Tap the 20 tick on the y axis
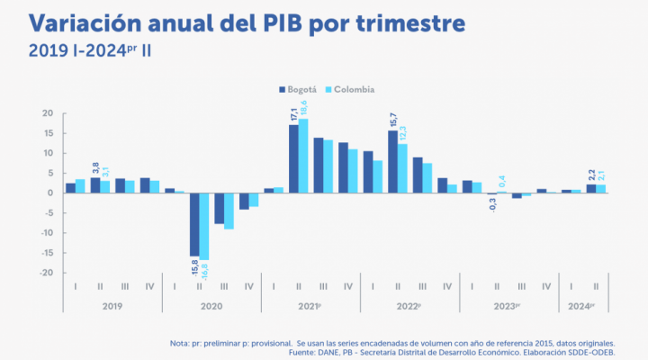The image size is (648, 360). coord(49,114)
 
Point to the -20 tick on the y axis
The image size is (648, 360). coord(47,273)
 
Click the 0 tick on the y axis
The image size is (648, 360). coord(51,193)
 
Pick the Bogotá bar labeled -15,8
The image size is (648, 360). coord(194,224)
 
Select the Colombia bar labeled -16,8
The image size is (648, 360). coord(204,226)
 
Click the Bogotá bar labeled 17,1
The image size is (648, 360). coord(293,158)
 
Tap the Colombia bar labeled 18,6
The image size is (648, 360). coord(303,156)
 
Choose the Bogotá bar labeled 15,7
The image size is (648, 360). coord(392,161)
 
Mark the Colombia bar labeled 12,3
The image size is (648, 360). coord(402,168)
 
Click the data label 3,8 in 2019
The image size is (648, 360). coord(94,166)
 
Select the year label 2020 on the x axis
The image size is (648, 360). coord(211,306)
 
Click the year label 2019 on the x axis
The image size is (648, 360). coord(112,306)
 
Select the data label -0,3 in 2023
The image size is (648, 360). coord(491,204)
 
